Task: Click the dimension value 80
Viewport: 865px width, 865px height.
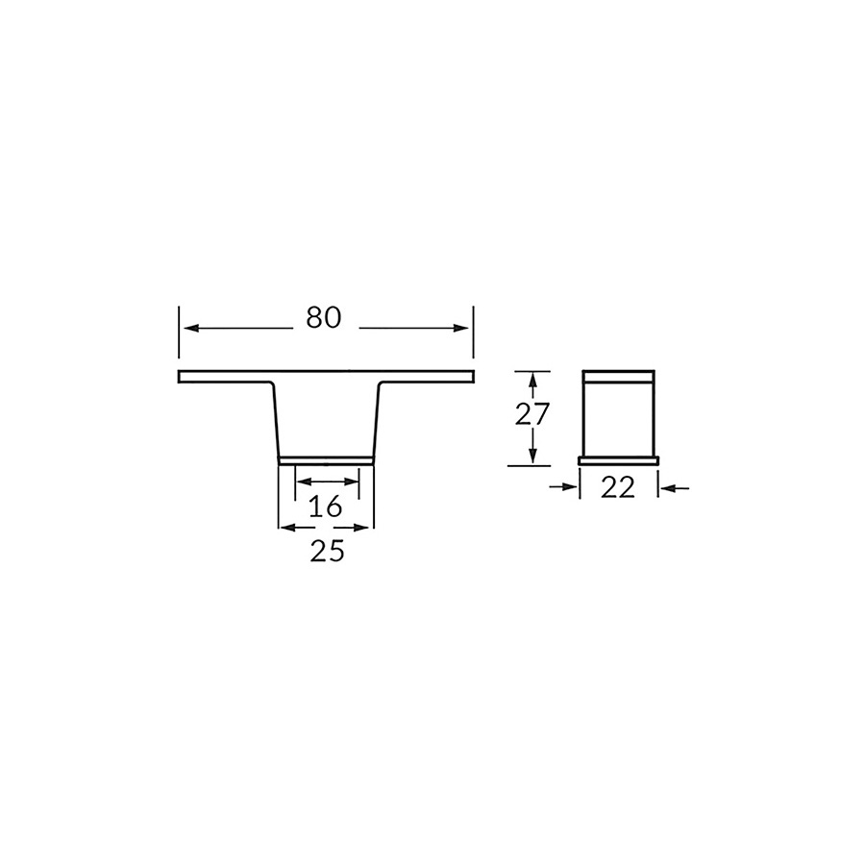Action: pos(324,318)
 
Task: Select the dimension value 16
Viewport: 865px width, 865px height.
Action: pos(326,507)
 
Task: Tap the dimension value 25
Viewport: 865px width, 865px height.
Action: pos(327,551)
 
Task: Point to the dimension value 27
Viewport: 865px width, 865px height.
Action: pos(532,414)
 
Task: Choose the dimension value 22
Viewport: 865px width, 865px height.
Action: pos(618,487)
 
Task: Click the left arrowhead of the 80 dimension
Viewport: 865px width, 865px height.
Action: pos(191,329)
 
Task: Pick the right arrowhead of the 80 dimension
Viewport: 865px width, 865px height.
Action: pos(460,329)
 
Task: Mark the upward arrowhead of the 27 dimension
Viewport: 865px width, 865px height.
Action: pos(532,381)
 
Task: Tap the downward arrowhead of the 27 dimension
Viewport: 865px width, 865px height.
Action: pos(532,456)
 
